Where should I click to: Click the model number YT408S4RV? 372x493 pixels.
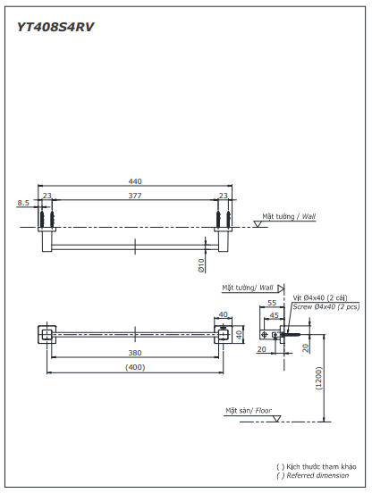[x=55, y=27]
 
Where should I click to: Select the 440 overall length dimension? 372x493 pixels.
[x=135, y=181]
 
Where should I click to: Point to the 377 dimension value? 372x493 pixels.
[x=134, y=195]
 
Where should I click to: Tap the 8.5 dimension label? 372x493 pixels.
[x=23, y=203]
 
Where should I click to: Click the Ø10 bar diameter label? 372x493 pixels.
[x=201, y=264]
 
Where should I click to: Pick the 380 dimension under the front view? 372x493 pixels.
[x=134, y=352]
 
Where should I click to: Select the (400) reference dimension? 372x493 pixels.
[x=135, y=366]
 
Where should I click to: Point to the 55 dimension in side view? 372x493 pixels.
[x=272, y=304]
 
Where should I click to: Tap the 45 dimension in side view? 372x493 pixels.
[x=275, y=314]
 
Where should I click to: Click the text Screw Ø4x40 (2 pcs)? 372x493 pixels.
[x=325, y=306]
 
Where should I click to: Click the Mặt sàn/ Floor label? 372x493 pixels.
[x=249, y=411]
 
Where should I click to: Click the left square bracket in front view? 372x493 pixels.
[x=45, y=335]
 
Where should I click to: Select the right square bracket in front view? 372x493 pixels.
[x=224, y=335]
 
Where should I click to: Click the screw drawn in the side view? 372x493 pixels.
[x=288, y=336]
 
